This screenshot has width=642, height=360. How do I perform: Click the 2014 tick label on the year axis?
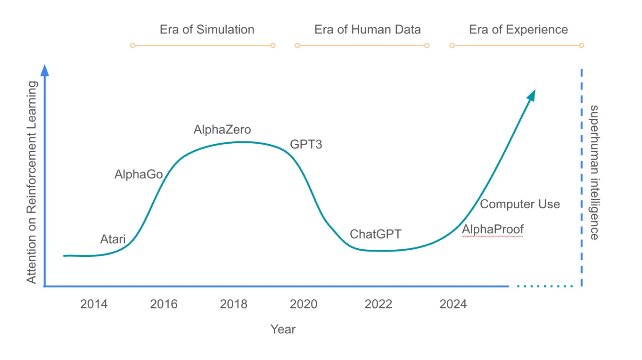coord(94,304)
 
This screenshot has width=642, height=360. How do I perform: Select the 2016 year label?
coord(164,304)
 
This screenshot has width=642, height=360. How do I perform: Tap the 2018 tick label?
coord(234,304)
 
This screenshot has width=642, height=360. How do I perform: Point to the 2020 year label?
coord(304,304)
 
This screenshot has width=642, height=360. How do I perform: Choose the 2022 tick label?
coord(379,304)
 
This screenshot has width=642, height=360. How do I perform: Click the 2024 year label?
coord(453,304)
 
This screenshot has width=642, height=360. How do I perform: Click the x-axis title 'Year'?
coord(283,329)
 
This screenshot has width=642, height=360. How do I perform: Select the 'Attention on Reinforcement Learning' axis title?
coord(31,182)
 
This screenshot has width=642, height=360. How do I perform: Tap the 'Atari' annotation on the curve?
coord(113,239)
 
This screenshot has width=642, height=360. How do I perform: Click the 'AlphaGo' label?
coord(139,175)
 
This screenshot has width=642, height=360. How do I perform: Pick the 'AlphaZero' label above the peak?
coord(222,130)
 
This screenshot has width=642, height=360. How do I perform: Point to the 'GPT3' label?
coord(306,145)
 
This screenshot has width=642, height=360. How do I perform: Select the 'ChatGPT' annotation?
coord(376,234)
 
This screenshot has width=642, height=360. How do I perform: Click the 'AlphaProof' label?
coord(493,229)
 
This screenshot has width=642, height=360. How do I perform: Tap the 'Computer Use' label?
coord(520,205)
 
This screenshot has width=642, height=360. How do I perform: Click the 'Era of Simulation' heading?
coord(207,30)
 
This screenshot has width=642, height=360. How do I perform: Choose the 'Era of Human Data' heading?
coord(368,30)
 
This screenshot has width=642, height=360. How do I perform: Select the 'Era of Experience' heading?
coord(519,30)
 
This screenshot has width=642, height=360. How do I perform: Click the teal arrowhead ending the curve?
coord(531,95)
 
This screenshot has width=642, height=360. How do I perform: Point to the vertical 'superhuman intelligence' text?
coord(594,172)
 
